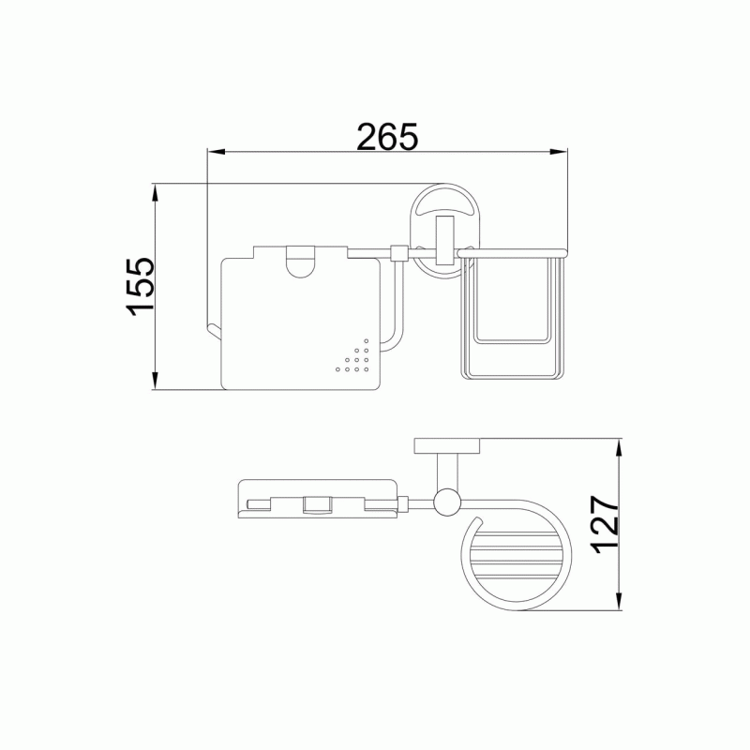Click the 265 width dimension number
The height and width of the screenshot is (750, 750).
point(387,137)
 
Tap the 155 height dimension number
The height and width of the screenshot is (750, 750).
point(141,287)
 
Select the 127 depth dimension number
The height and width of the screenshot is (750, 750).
point(605,524)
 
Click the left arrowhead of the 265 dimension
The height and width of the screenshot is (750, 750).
point(217,152)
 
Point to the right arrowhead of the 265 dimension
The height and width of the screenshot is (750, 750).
point(558,152)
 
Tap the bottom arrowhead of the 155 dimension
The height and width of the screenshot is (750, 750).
point(155,381)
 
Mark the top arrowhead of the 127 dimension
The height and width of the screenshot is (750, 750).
point(619,448)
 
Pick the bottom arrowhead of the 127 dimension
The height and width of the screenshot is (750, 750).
point(619,601)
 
